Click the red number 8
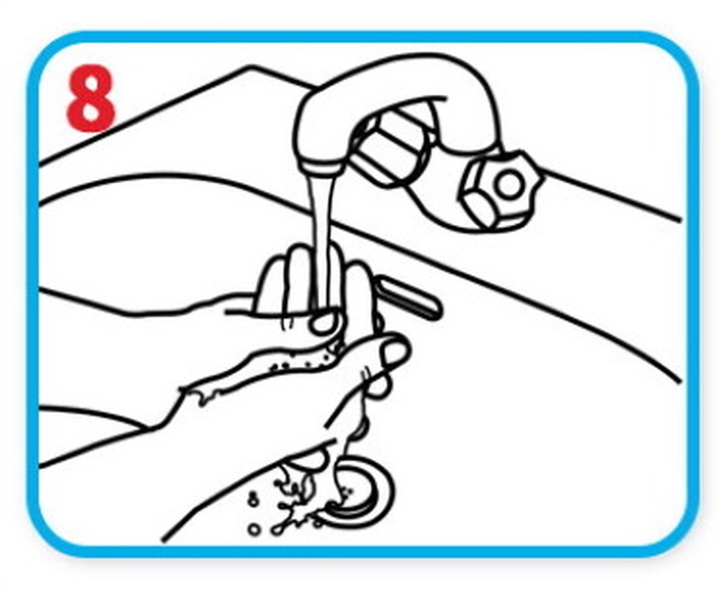click(x=91, y=98)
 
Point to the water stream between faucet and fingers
click(x=323, y=239)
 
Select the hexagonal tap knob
click(x=502, y=189)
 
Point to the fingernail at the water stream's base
click(x=323, y=323)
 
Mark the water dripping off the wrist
click(x=203, y=397)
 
